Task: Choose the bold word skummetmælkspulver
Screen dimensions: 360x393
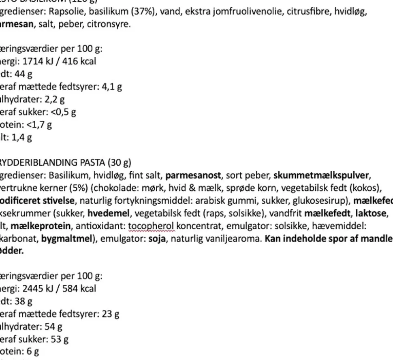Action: pyautogui.click(x=322, y=175)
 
